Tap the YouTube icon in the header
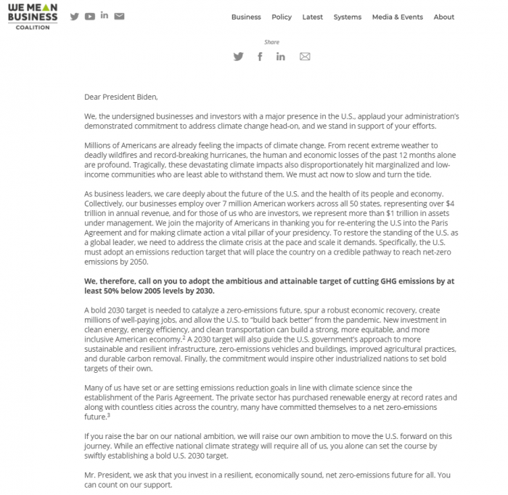point(89,17)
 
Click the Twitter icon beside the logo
point(74,17)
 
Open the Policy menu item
point(282,17)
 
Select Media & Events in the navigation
point(397,17)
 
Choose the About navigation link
point(443,17)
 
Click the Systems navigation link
point(348,17)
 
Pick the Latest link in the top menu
point(312,17)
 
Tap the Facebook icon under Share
point(260,57)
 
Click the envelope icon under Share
point(305,57)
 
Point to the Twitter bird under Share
point(238,57)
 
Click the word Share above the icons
point(271,42)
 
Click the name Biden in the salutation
point(145,97)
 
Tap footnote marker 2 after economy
point(184,337)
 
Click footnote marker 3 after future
point(108,415)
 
